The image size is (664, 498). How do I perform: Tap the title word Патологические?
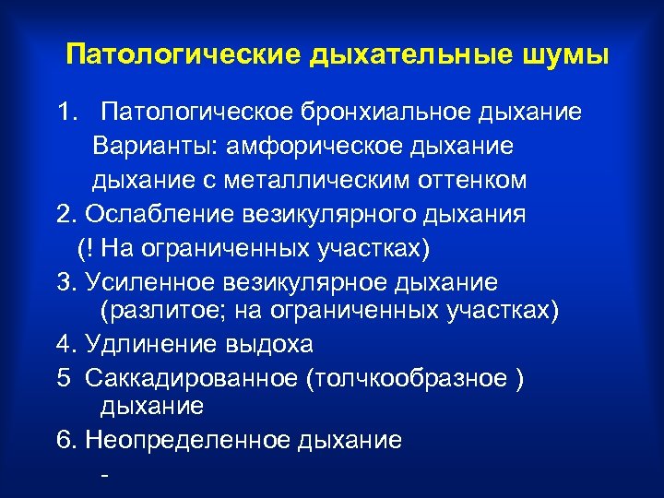(x=182, y=54)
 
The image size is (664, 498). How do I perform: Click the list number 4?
(x=64, y=344)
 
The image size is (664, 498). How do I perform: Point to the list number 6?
(x=64, y=440)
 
